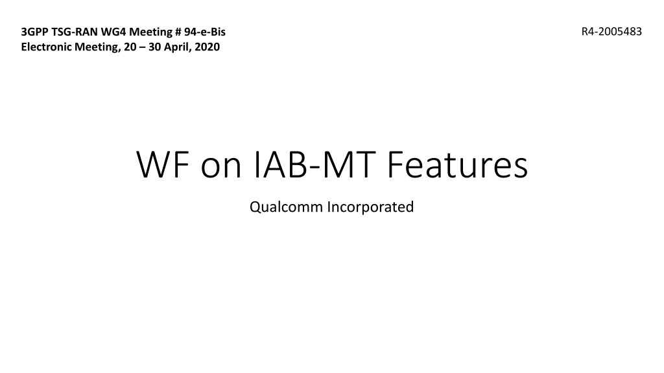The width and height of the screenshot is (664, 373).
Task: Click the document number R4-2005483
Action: click(611, 32)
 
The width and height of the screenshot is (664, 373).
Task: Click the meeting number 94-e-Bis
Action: click(204, 32)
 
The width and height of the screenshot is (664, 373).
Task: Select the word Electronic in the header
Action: click(47, 47)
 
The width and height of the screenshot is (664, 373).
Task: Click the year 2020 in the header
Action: click(207, 47)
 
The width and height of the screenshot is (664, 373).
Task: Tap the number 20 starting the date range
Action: click(130, 47)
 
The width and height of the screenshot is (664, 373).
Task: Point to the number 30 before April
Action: click(154, 47)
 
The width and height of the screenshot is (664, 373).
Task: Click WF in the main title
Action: click(163, 164)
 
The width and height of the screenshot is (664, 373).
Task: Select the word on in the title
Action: click(220, 167)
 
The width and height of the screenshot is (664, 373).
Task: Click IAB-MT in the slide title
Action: click(314, 164)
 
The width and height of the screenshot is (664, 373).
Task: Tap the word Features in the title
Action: click(457, 164)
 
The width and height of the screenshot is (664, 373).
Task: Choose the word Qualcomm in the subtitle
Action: click(286, 207)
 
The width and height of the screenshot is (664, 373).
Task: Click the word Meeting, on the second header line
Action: click(97, 47)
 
